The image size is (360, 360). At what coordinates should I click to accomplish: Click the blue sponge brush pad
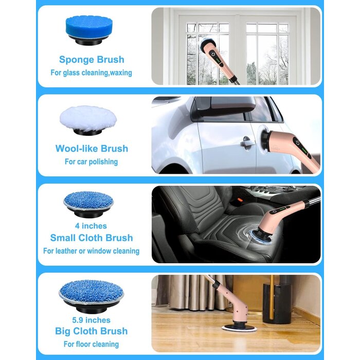(89, 30)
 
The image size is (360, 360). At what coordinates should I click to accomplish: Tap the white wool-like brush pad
(88, 120)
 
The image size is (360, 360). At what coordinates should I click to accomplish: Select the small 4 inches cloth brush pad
(88, 204)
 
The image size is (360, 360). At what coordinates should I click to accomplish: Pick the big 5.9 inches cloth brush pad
(92, 295)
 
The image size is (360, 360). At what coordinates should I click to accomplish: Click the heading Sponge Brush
(92, 60)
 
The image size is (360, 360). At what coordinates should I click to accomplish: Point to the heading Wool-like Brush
(92, 149)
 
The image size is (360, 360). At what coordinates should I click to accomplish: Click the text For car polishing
(91, 161)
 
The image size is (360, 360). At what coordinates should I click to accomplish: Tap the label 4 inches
(91, 226)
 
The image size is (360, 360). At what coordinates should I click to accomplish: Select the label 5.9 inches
(91, 320)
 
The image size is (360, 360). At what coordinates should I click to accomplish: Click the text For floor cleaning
(91, 344)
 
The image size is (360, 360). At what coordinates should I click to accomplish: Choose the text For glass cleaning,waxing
(91, 73)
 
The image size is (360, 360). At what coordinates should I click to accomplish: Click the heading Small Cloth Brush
(92, 238)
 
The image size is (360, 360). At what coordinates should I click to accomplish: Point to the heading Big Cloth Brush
(91, 331)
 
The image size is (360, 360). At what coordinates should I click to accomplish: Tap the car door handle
(247, 142)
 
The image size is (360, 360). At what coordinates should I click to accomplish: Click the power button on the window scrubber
(213, 55)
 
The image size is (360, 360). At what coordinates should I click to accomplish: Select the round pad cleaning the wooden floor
(239, 328)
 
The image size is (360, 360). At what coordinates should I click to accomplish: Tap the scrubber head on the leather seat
(259, 237)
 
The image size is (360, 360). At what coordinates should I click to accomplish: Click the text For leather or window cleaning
(91, 251)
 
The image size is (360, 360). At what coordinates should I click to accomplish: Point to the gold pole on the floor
(272, 297)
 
